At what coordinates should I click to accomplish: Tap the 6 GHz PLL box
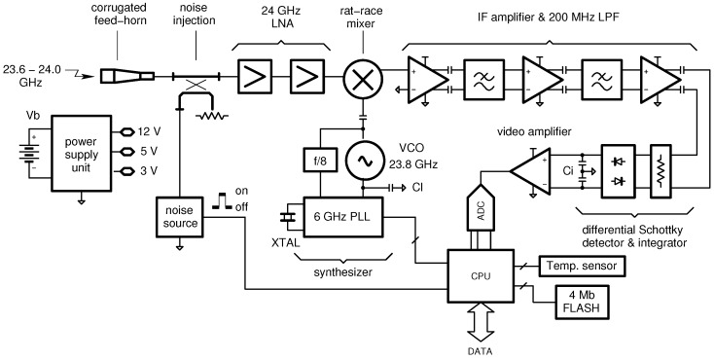[x=341, y=215]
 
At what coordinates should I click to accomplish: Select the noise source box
[x=183, y=216]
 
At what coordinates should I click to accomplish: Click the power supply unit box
[x=84, y=152]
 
